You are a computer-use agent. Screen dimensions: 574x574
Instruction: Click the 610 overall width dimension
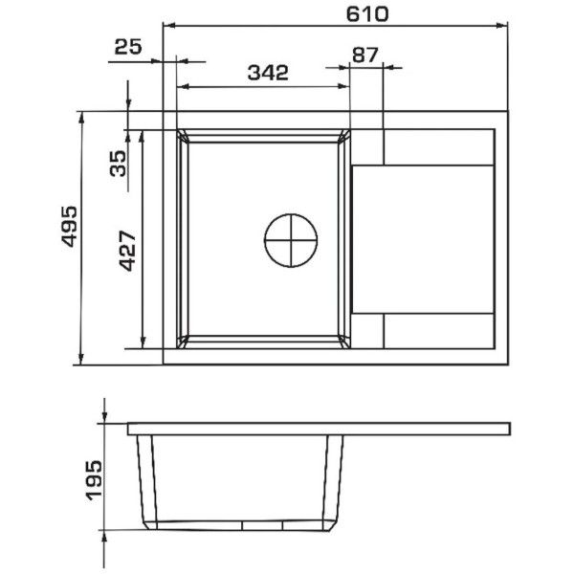[366, 14]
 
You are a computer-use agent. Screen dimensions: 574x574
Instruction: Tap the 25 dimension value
[128, 47]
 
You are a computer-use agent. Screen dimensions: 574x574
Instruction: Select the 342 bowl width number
[268, 73]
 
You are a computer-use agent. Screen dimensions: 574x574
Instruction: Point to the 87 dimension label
[364, 55]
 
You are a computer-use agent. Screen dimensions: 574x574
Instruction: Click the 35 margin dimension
[118, 164]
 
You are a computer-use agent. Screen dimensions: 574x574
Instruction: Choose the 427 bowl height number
[128, 251]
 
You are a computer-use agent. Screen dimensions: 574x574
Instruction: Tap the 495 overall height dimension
[69, 226]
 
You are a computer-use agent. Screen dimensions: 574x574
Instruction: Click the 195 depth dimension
[94, 480]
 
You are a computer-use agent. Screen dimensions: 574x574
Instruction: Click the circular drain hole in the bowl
[291, 240]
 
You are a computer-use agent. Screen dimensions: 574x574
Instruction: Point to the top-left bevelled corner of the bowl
[183, 136]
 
